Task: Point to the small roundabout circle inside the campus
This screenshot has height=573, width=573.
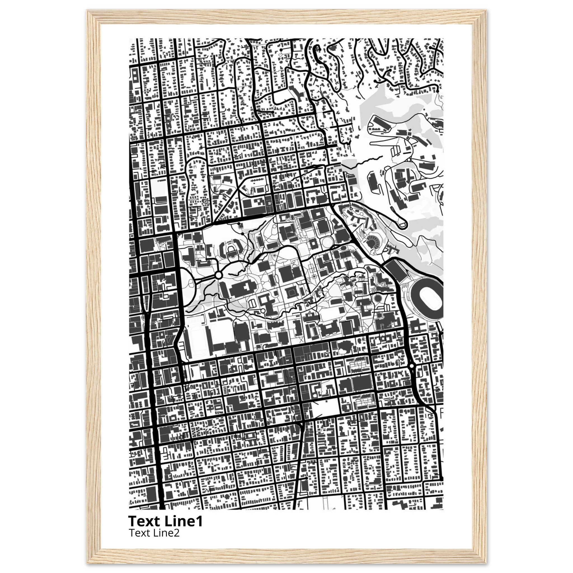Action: pyautogui.click(x=219, y=275)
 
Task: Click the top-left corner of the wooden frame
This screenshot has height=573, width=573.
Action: pyautogui.click(x=88, y=11)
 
